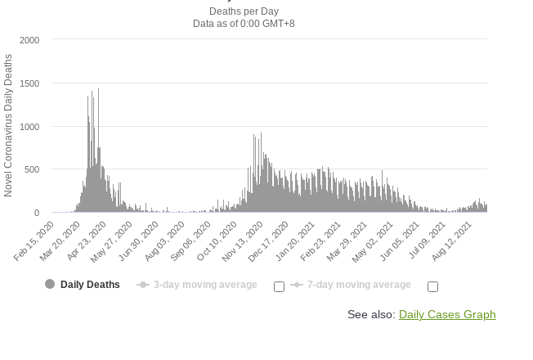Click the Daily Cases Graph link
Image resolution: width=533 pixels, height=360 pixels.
447,314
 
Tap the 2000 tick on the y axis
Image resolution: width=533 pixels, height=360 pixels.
29,40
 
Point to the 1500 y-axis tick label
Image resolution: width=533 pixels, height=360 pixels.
29,83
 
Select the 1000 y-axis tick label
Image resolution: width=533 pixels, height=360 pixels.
29,127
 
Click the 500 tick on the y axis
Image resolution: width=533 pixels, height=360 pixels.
32,169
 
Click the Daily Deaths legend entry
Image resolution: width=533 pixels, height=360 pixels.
90,285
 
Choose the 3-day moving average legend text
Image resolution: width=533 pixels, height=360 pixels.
205,285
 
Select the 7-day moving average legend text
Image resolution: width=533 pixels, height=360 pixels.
359,285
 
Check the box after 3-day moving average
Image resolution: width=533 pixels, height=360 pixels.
279,286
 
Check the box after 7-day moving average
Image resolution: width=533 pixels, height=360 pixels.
432,286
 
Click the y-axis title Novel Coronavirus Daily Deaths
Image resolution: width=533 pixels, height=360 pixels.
9,125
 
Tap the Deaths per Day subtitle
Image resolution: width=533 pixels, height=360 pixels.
244,11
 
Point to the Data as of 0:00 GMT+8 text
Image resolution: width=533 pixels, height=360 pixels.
244,24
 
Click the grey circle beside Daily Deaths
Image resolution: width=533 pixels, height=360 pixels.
50,285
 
